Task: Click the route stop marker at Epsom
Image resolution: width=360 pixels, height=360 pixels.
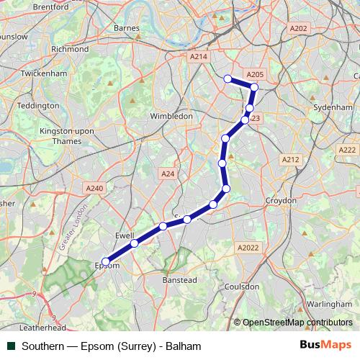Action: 106,262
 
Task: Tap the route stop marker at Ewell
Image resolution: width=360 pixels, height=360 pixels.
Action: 134,243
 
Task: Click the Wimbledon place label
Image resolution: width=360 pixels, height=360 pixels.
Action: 171,116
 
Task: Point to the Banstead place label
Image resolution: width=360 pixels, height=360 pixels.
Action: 179,279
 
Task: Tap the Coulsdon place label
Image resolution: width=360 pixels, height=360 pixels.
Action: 241,287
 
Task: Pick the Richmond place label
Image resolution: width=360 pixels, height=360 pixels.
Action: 70,50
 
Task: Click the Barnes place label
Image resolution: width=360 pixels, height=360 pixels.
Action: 127,29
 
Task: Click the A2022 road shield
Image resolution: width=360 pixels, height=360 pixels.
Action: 248,247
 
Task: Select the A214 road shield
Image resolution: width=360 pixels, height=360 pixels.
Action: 199,56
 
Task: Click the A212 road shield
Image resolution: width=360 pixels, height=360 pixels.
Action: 291,160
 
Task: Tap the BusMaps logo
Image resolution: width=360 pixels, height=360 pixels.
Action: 326,345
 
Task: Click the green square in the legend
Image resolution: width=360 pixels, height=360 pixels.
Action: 11,346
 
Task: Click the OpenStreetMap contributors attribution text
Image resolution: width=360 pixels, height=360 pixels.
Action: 297,323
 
